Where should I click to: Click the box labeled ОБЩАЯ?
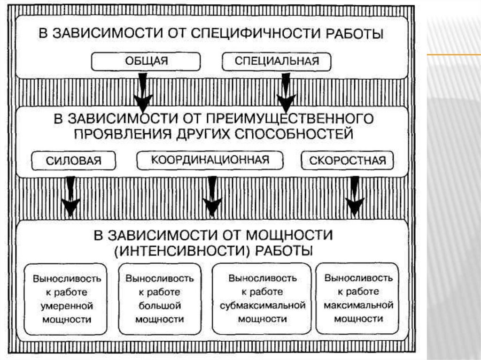pos(146,61)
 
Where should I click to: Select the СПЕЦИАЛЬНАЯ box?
pos(276,61)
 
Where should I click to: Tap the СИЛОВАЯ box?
pos(73,161)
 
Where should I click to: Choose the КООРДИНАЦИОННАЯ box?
pos(210,160)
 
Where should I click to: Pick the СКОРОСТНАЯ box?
pos(347,161)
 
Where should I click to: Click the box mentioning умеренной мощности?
pos(66,299)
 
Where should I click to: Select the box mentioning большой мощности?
pos(159,299)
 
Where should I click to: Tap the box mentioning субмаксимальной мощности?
pos(263,299)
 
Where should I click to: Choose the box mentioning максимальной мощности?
pos(358,299)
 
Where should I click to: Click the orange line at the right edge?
pos(453,55)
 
